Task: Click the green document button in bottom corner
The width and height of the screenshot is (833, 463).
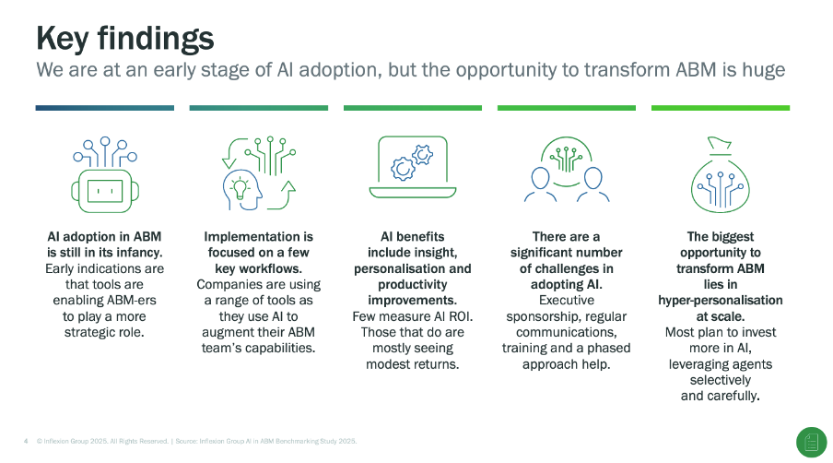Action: pyautogui.click(x=811, y=442)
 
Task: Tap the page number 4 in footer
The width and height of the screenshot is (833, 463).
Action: pyautogui.click(x=26, y=441)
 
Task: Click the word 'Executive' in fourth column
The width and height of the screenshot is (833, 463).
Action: pyautogui.click(x=566, y=301)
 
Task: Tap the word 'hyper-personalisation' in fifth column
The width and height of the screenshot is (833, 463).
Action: pyautogui.click(x=720, y=301)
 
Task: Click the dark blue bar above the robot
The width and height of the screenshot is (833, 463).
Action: pyautogui.click(x=104, y=108)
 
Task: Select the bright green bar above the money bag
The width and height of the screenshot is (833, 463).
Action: pyautogui.click(x=720, y=108)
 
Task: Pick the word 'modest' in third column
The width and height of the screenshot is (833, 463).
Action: pyautogui.click(x=387, y=364)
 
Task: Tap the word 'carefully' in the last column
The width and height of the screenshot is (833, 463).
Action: pyautogui.click(x=733, y=397)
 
